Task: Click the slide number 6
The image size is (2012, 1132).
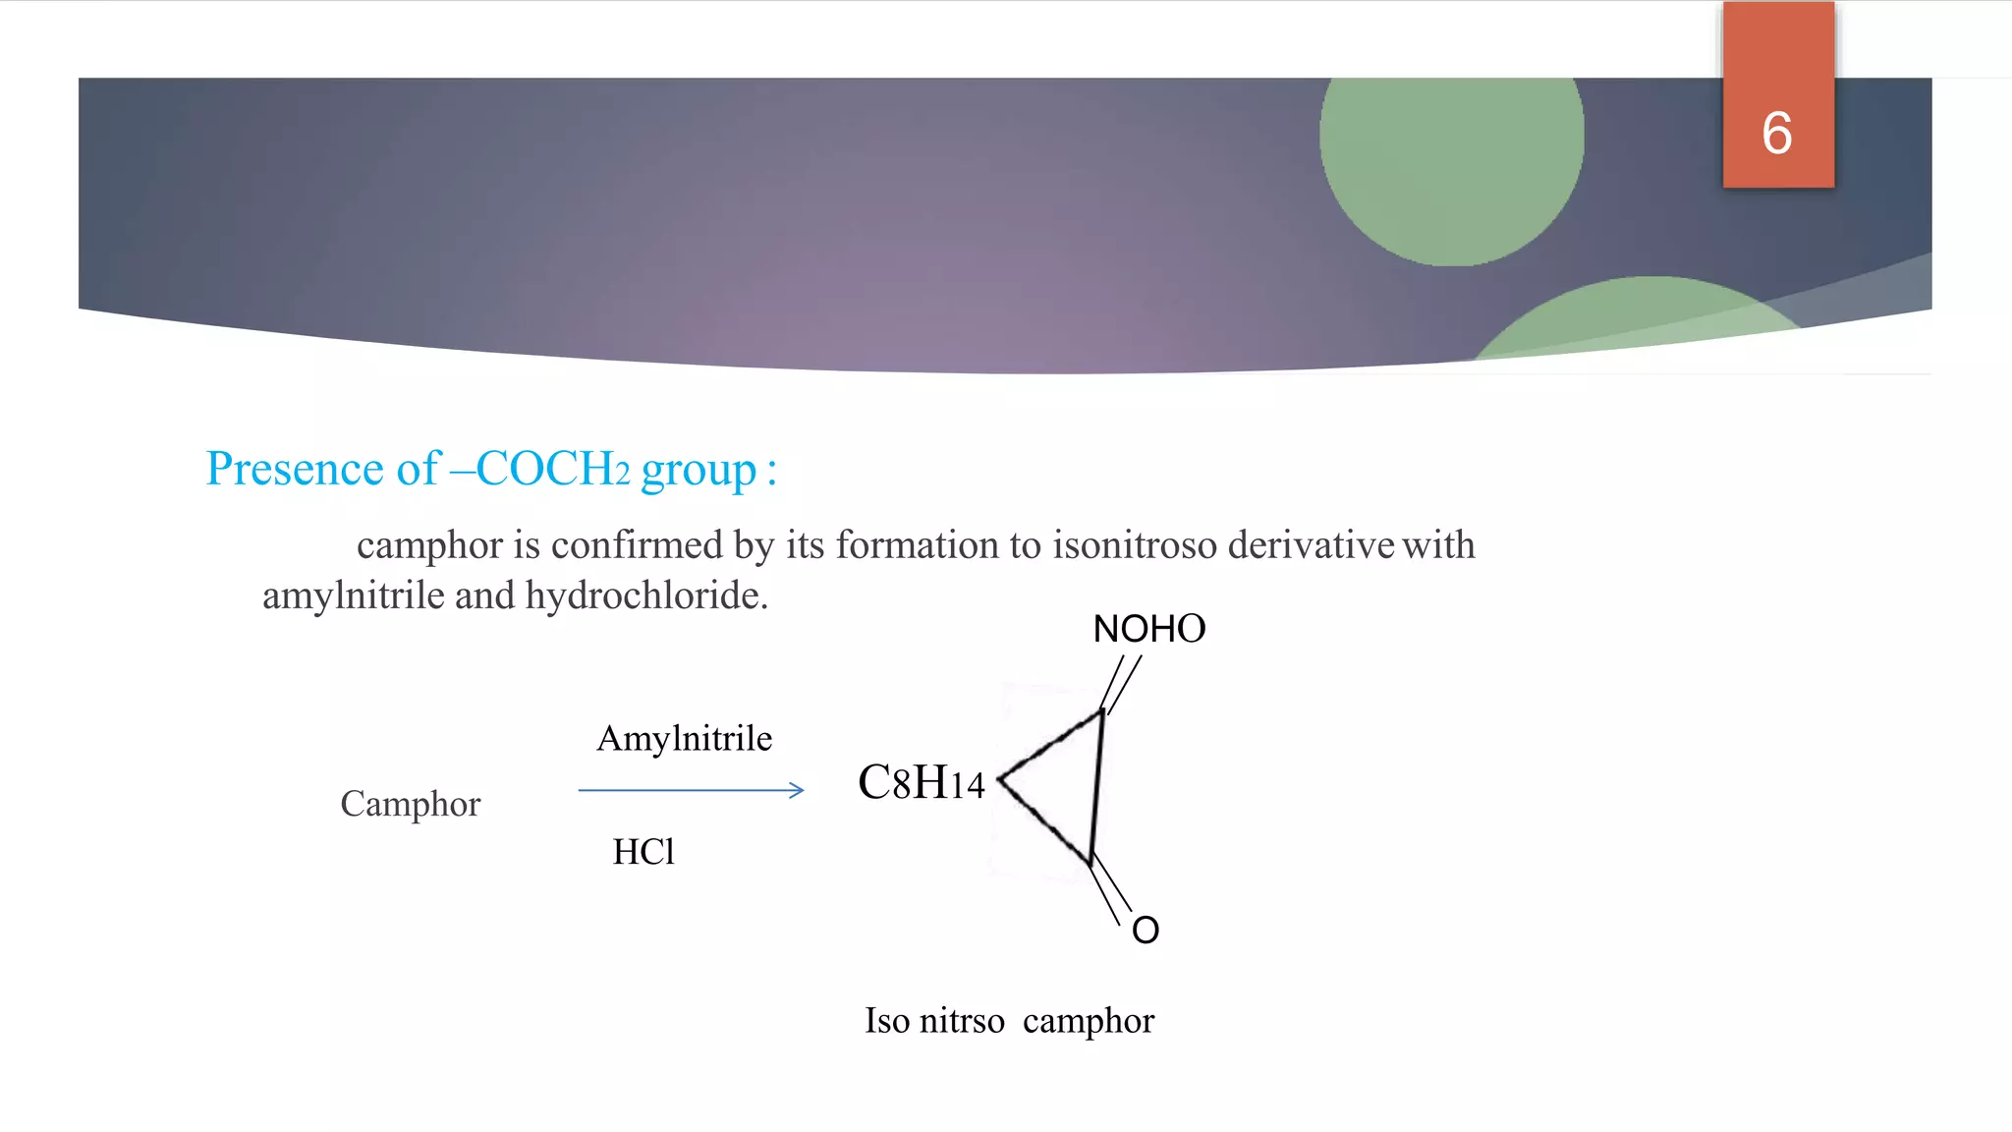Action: tap(1776, 134)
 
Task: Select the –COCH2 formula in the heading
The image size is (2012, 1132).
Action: tap(541, 469)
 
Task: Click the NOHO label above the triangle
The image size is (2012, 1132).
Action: tap(1148, 629)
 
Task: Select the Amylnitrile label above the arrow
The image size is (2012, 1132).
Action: tap(685, 738)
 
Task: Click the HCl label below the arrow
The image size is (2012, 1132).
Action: tap(643, 851)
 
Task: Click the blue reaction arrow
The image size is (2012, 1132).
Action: tap(691, 790)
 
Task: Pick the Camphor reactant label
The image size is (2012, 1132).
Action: tap(410, 804)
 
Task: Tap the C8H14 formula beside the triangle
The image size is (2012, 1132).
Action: tap(921, 783)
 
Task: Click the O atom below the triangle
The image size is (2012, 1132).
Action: tap(1146, 930)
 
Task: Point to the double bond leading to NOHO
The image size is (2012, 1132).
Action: tap(1121, 683)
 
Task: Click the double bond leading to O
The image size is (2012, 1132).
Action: tap(1111, 888)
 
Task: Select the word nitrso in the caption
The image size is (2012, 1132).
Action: tap(962, 1021)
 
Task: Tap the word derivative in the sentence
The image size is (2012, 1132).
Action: tap(1311, 544)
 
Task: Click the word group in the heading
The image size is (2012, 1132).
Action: tap(699, 471)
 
